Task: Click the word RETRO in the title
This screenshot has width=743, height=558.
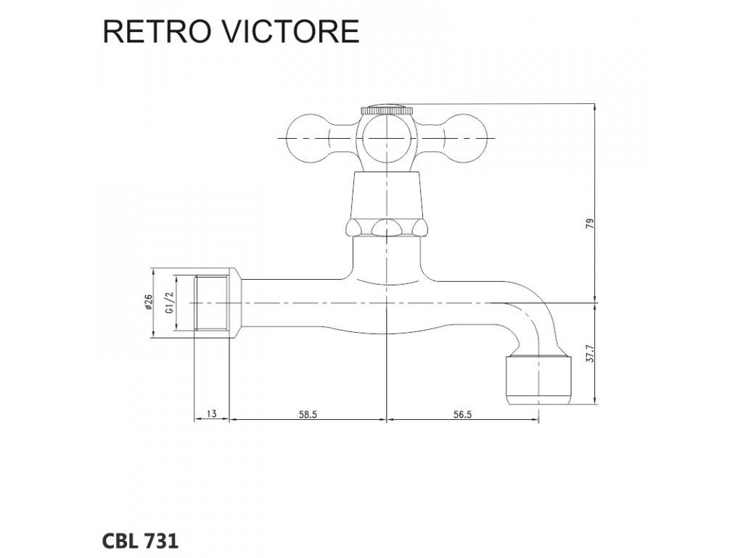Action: click(x=156, y=32)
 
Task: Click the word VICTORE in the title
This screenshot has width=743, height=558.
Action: click(x=291, y=32)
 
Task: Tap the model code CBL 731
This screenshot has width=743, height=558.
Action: click(x=140, y=541)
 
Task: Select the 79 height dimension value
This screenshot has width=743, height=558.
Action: click(x=589, y=224)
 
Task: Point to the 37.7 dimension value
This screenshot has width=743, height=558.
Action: click(x=589, y=354)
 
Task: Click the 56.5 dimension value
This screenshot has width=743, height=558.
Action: click(x=462, y=414)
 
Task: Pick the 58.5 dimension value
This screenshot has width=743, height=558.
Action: click(x=308, y=414)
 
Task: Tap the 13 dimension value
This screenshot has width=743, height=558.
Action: click(x=212, y=413)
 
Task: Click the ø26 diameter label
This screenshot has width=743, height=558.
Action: click(x=149, y=302)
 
